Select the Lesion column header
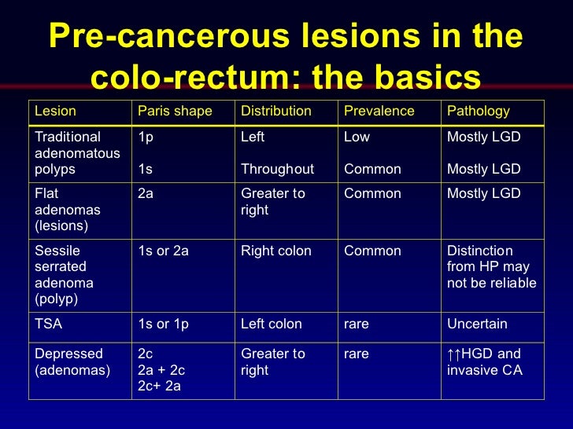[x=56, y=111]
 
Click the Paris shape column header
[x=175, y=111]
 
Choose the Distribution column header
[x=276, y=111]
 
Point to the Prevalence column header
[x=379, y=111]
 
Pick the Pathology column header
[x=479, y=111]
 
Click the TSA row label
[x=49, y=324]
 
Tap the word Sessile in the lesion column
[x=57, y=251]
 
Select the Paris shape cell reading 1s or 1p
[x=163, y=324]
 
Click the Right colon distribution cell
[x=276, y=251]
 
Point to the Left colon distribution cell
[x=272, y=324]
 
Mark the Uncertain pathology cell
[x=477, y=324]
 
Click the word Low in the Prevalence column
[x=357, y=137]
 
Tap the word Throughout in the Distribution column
[x=277, y=169]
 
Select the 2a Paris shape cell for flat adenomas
[x=146, y=193]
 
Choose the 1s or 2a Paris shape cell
[x=163, y=251]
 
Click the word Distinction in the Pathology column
[x=480, y=251]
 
